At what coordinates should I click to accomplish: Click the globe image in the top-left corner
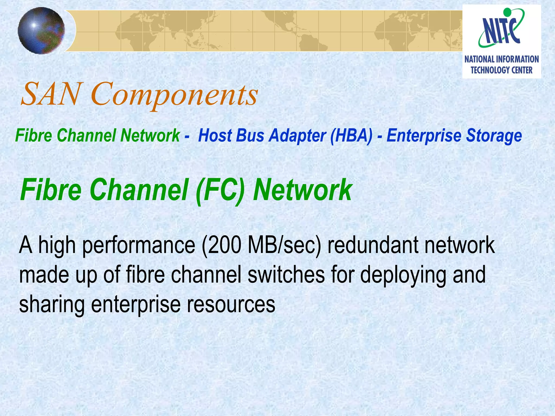[x=41, y=30]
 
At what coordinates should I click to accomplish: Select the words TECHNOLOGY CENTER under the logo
[x=501, y=70]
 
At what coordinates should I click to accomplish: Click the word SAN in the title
[x=50, y=94]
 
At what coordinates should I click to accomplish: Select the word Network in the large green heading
[x=302, y=190]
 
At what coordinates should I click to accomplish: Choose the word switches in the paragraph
[x=286, y=275]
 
